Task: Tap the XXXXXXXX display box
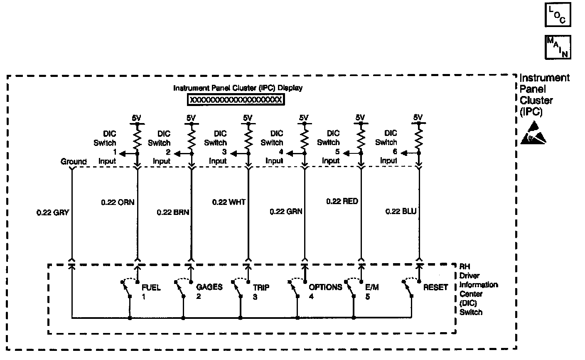[236, 100]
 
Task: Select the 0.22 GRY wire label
[52, 212]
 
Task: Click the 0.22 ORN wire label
[118, 202]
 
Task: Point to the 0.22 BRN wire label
[173, 212]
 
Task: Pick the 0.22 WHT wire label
[229, 202]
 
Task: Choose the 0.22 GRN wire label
[286, 212]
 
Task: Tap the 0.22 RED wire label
[342, 202]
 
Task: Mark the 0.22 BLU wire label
[401, 212]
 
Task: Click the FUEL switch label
[151, 287]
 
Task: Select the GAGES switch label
[209, 287]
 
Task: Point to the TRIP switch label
[261, 287]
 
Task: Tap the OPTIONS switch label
[325, 287]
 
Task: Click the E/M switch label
[372, 287]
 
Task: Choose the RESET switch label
[435, 287]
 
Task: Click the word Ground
[74, 162]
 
